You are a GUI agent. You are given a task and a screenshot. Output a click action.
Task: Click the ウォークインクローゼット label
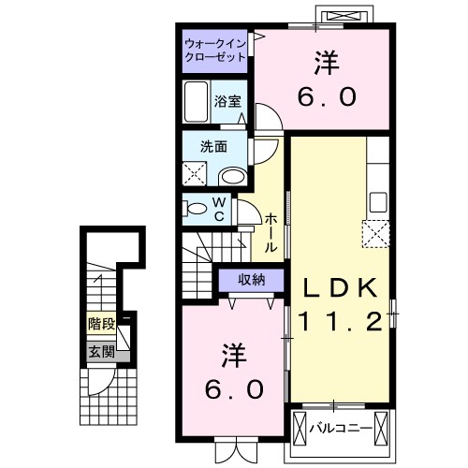(215, 51)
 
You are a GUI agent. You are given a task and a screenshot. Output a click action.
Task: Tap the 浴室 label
(227, 101)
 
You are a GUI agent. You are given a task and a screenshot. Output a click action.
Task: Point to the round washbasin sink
(231, 176)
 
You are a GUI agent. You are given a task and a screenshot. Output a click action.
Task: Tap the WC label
(217, 209)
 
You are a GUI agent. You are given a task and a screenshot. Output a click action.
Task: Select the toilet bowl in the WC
(196, 208)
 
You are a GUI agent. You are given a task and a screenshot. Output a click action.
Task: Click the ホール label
(270, 232)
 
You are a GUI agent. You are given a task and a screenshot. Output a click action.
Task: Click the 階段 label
(102, 324)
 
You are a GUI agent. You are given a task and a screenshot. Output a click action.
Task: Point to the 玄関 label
(102, 352)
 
